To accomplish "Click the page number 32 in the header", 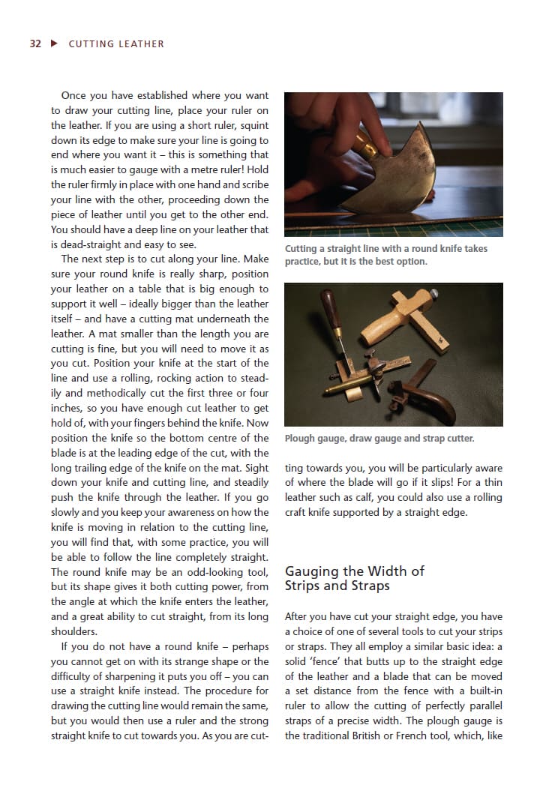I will pyautogui.click(x=35, y=43).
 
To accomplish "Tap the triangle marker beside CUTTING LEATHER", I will pyautogui.click(x=53, y=43).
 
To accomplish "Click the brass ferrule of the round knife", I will pyautogui.click(x=365, y=150).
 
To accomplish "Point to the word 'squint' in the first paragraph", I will pyautogui.click(x=253, y=125).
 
